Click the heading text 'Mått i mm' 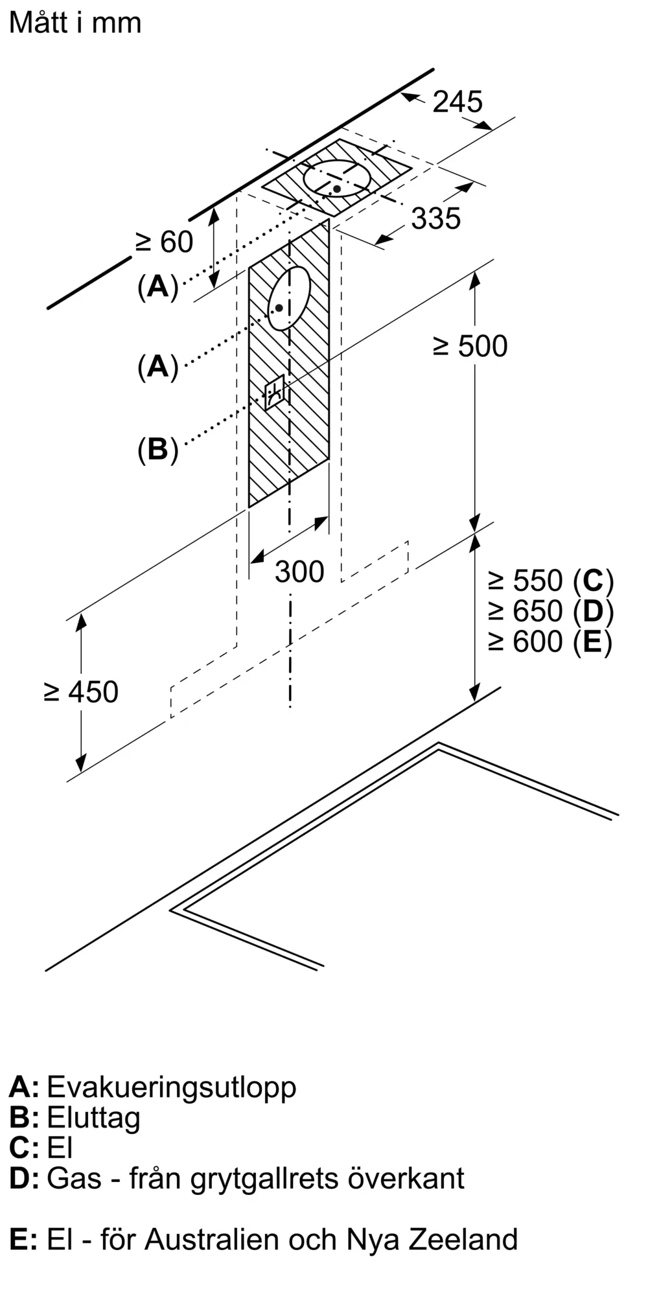tap(75, 23)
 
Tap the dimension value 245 tap(457, 102)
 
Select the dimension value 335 tap(436, 219)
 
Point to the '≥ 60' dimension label tap(165, 242)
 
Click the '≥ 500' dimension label tap(470, 347)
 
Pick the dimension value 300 tap(299, 572)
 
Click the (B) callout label tap(157, 448)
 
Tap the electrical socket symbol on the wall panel tap(274, 392)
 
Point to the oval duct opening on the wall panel tap(289, 299)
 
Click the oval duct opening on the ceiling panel tap(338, 178)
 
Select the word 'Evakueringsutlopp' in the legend tap(172, 1087)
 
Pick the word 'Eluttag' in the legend tap(93, 1118)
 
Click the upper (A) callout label tap(157, 286)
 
